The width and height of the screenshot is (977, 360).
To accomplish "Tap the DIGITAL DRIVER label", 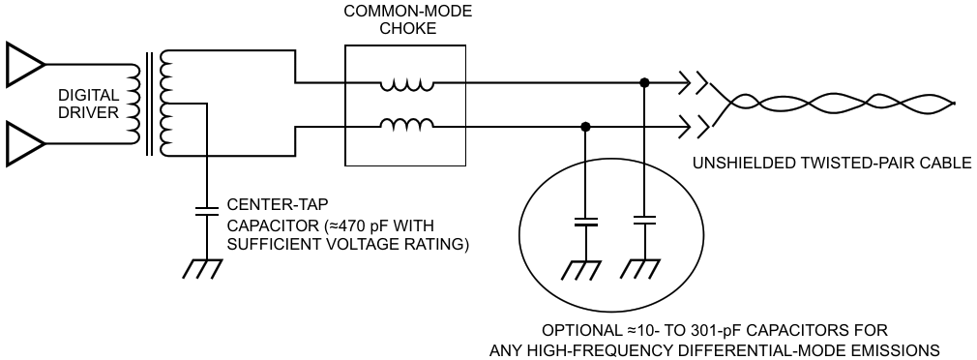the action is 88,104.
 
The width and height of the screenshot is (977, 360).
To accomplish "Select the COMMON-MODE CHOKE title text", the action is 409,20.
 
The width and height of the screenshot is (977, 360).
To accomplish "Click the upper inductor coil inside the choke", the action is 407,85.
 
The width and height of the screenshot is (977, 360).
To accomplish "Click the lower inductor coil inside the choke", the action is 407,125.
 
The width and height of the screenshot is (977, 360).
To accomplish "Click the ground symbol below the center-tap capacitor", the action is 202,268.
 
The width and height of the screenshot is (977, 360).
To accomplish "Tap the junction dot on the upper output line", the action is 645,82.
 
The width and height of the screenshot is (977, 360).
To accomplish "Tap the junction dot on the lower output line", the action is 585,127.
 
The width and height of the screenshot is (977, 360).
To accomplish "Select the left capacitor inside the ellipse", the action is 585,222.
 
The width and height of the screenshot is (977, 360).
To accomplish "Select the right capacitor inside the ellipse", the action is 645,220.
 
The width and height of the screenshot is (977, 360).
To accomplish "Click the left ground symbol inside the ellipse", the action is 582,270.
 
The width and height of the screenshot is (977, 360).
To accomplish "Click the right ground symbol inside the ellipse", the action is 641,270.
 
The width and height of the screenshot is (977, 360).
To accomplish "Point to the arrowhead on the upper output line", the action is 684,82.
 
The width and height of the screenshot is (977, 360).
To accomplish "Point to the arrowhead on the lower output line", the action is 684,127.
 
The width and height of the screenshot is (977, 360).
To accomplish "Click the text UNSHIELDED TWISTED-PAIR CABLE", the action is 832,164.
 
